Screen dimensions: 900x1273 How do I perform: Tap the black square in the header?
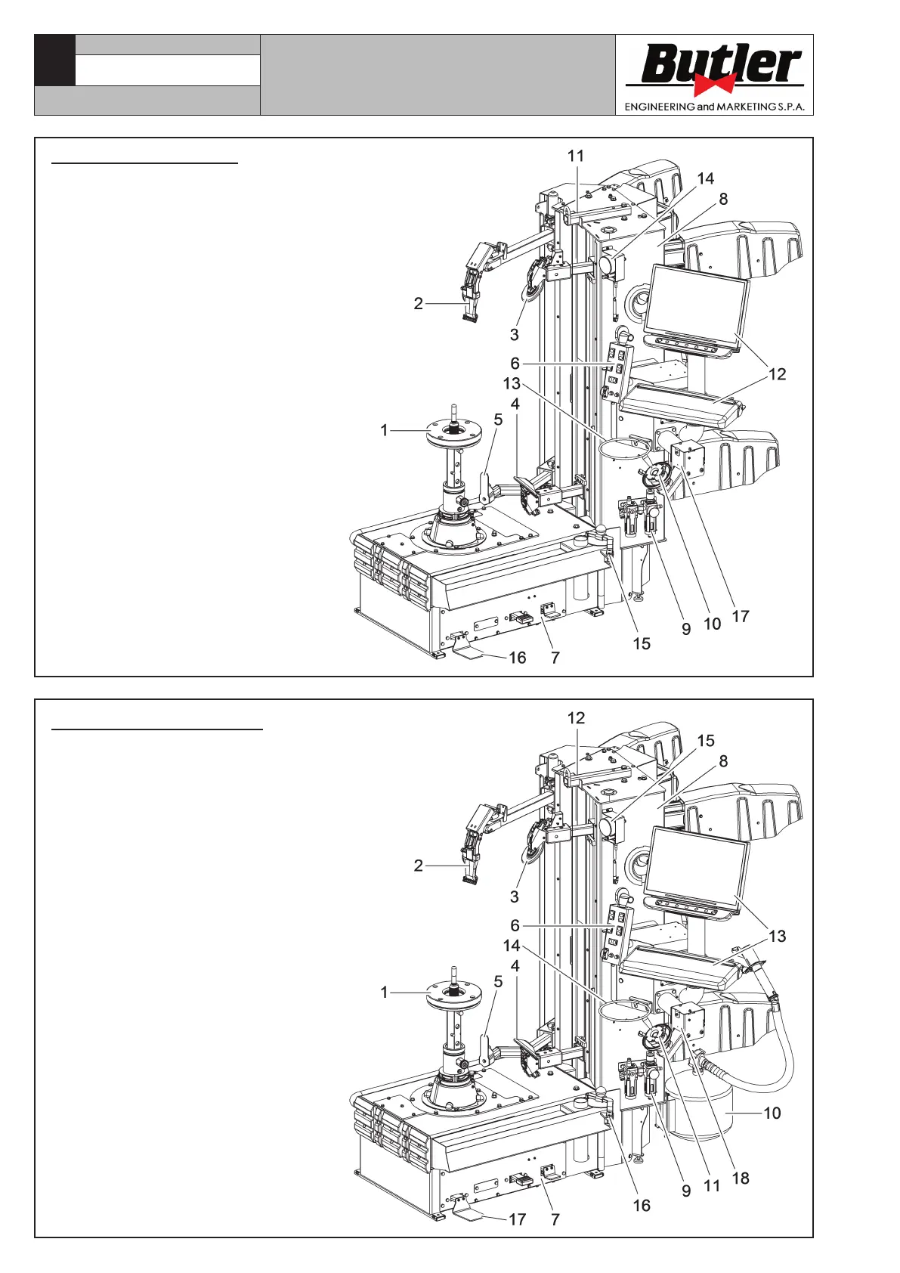[54, 60]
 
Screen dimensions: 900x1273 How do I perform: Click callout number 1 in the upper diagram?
[384, 430]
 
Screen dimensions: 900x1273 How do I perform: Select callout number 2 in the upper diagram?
[418, 304]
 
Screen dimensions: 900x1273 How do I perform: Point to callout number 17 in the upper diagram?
[741, 616]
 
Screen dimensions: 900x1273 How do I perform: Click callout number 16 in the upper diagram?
[517, 658]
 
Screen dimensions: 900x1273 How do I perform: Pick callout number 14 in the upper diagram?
[705, 178]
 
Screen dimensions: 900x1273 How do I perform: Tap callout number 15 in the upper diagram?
[642, 643]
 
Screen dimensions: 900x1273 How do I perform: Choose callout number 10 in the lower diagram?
[772, 1113]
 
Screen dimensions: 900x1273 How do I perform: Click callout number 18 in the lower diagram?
[741, 1178]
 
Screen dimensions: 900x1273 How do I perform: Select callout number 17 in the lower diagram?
[517, 1219]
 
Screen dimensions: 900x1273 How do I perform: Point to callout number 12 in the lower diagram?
[577, 718]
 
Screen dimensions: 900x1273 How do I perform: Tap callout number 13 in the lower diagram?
[777, 936]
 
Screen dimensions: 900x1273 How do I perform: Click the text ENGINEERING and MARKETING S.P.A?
[714, 107]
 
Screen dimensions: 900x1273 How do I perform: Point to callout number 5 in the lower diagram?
[498, 981]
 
